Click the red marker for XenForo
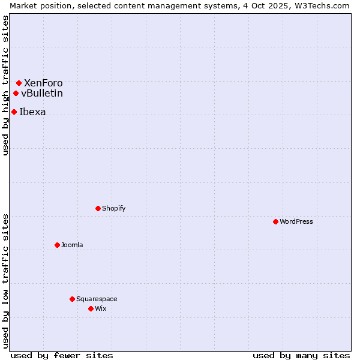point(19,83)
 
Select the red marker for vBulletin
point(16,93)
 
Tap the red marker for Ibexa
point(14,112)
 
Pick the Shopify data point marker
point(98,208)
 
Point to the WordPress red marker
point(275,221)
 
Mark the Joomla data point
point(57,245)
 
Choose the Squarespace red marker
point(72,299)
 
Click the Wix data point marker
point(91,308)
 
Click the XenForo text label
point(43,83)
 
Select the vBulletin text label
point(42,93)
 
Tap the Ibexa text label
point(32,112)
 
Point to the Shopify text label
point(114,208)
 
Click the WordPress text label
point(296,221)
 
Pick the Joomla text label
point(72,245)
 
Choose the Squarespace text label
point(97,299)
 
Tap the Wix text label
point(101,308)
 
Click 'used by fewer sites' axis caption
point(62,355)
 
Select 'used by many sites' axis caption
point(301,355)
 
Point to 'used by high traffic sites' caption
point(5,85)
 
